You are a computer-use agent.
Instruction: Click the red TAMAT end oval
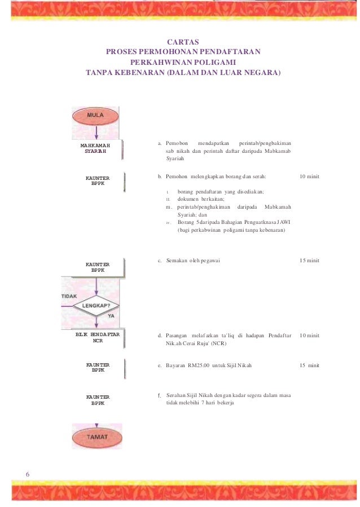point(96,437)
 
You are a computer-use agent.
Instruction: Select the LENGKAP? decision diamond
point(96,305)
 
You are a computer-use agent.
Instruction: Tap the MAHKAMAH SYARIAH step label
point(95,148)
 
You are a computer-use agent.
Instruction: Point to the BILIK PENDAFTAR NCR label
point(98,337)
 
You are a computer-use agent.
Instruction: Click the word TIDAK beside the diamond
point(69,296)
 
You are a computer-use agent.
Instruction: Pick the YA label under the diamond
point(111,316)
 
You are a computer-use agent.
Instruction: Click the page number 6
point(28,474)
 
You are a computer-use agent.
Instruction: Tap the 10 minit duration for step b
point(309,177)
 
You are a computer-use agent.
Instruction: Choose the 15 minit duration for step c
point(309,261)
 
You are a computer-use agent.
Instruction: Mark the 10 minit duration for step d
point(309,336)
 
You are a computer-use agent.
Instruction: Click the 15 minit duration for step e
point(309,365)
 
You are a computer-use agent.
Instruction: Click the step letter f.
point(160,395)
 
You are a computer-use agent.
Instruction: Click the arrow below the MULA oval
point(96,133)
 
